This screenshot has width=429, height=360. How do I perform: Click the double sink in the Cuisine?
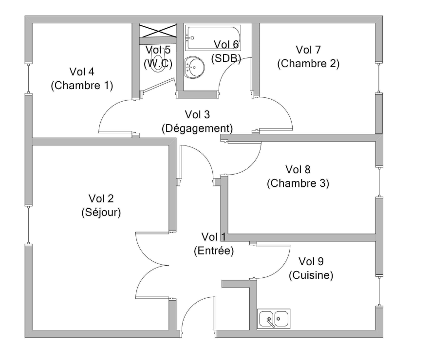click(x=274, y=319)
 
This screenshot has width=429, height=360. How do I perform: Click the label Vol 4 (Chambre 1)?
click(x=82, y=78)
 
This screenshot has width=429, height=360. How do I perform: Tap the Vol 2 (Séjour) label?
click(x=101, y=205)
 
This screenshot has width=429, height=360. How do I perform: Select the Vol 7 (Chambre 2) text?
click(x=308, y=56)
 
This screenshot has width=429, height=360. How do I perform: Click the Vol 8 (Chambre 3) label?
click(x=298, y=176)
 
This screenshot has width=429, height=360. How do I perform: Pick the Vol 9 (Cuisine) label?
click(x=311, y=268)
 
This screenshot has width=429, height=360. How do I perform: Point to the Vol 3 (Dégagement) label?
click(x=197, y=121)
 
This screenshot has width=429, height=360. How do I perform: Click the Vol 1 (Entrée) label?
click(x=214, y=244)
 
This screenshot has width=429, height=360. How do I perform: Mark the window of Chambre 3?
click(x=379, y=181)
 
